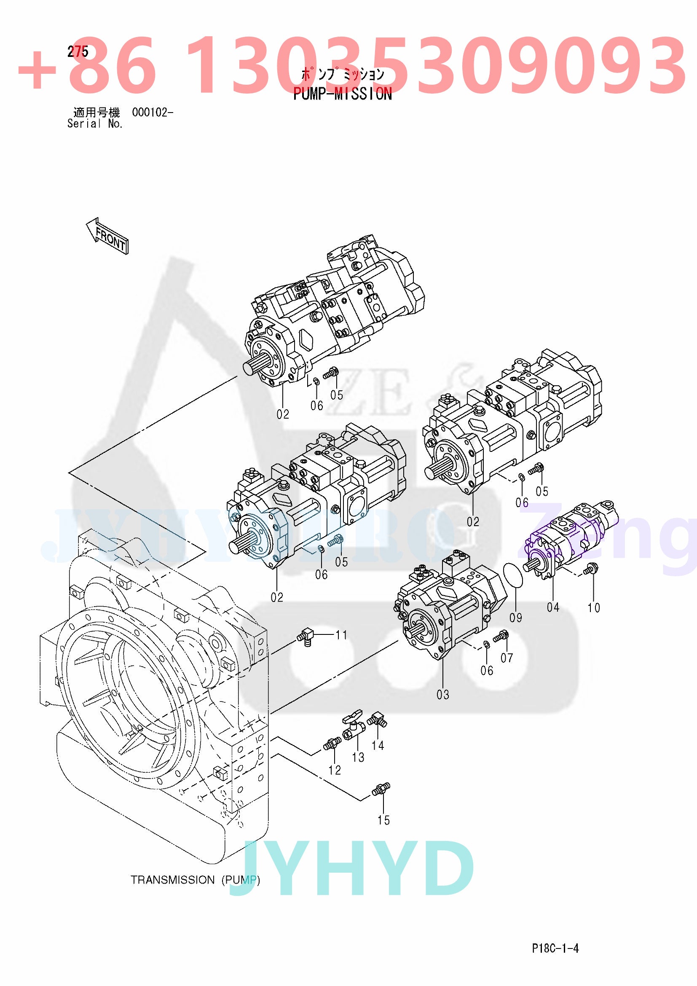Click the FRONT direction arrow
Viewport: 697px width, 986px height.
coord(107,236)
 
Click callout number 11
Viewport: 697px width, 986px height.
coord(341,635)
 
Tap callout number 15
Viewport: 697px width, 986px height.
coord(383,820)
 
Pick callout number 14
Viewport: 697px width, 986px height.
coord(378,745)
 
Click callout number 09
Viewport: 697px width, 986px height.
coord(515,618)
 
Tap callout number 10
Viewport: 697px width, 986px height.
coord(594,608)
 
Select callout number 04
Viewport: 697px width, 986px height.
coord(553,607)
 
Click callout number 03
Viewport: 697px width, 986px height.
coord(442,694)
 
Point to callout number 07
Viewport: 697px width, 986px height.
coord(507,658)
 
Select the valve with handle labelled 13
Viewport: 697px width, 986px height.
coord(353,725)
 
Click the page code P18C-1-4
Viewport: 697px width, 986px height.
coord(555,948)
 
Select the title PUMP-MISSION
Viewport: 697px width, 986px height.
coord(343,94)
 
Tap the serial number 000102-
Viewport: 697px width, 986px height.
coord(153,113)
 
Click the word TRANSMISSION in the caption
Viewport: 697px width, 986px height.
coord(172,880)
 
